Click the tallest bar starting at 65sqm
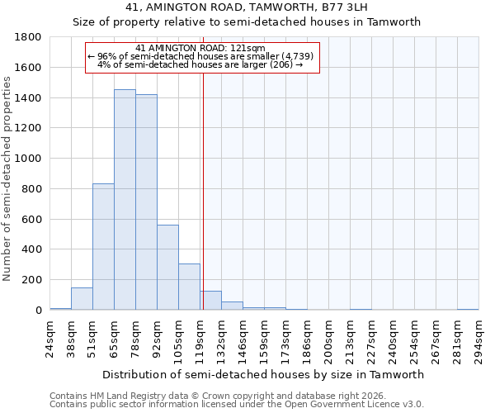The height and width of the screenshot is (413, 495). pyautogui.click(x=125, y=200)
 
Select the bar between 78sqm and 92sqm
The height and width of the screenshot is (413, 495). pyautogui.click(x=146, y=202)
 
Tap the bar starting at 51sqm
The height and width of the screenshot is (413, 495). pyautogui.click(x=103, y=247)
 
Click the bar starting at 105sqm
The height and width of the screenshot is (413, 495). pyautogui.click(x=189, y=287)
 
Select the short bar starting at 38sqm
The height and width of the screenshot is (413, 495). pyautogui.click(x=82, y=299)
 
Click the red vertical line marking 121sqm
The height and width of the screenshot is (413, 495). pyautogui.click(x=203, y=190)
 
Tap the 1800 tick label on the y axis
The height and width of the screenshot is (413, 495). pyautogui.click(x=29, y=37)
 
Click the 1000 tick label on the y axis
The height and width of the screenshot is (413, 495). pyautogui.click(x=29, y=159)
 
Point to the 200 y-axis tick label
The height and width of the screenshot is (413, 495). pyautogui.click(x=32, y=280)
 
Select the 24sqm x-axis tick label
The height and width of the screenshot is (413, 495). pyautogui.click(x=50, y=338)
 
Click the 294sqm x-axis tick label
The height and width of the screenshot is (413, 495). pyautogui.click(x=479, y=340)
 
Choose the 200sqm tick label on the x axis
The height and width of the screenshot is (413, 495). pyautogui.click(x=329, y=340)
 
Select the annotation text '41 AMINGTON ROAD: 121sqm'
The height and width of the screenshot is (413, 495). pyautogui.click(x=200, y=49)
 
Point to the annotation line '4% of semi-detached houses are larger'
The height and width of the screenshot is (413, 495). pyautogui.click(x=200, y=64)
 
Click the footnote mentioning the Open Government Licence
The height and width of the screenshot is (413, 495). pyautogui.click(x=237, y=405)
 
